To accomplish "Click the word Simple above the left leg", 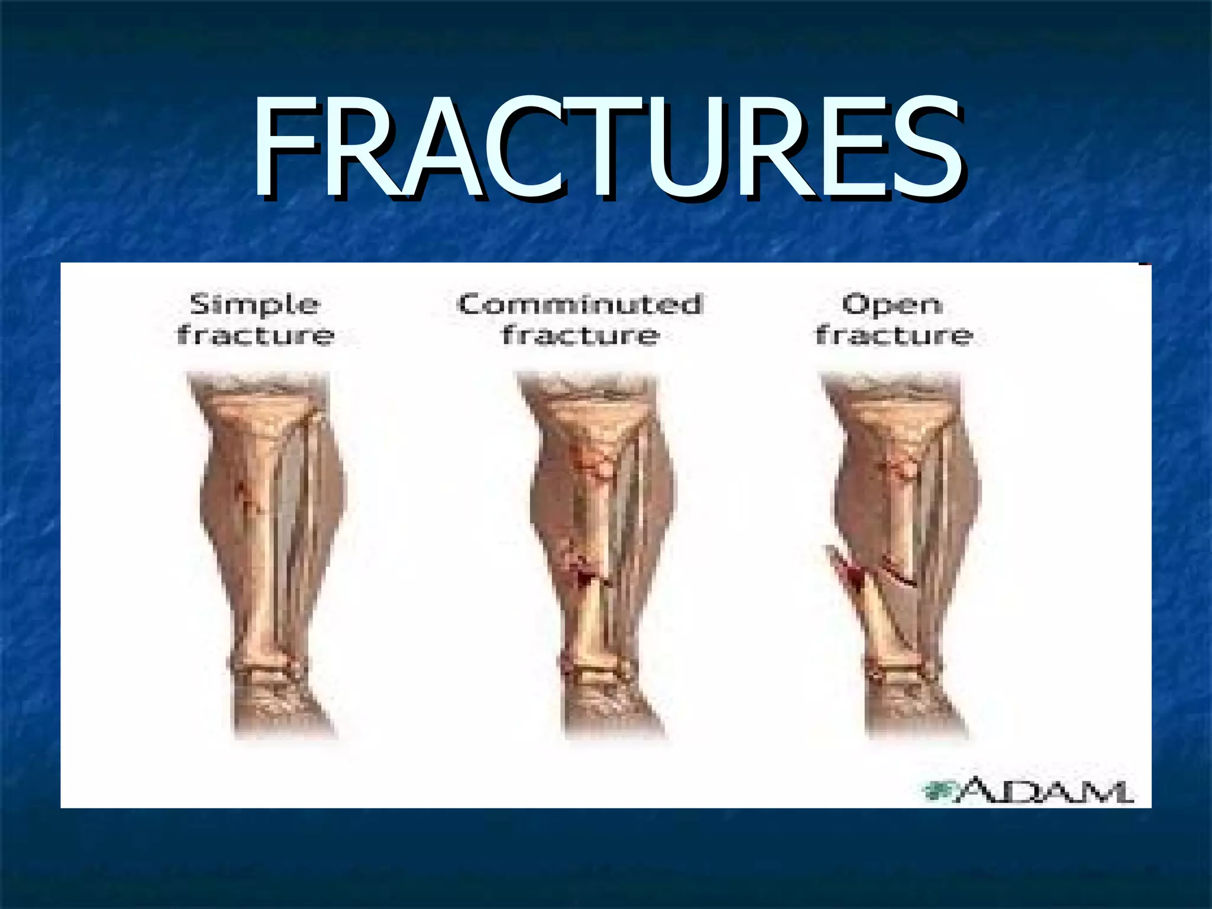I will (254, 305).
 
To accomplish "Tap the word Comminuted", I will (580, 305).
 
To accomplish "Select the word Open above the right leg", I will (892, 305).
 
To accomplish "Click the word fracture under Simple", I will (256, 335).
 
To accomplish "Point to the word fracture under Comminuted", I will (580, 335).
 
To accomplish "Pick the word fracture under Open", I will (894, 335).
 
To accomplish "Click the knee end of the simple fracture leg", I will (260, 408).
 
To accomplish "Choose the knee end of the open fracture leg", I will (894, 408).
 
